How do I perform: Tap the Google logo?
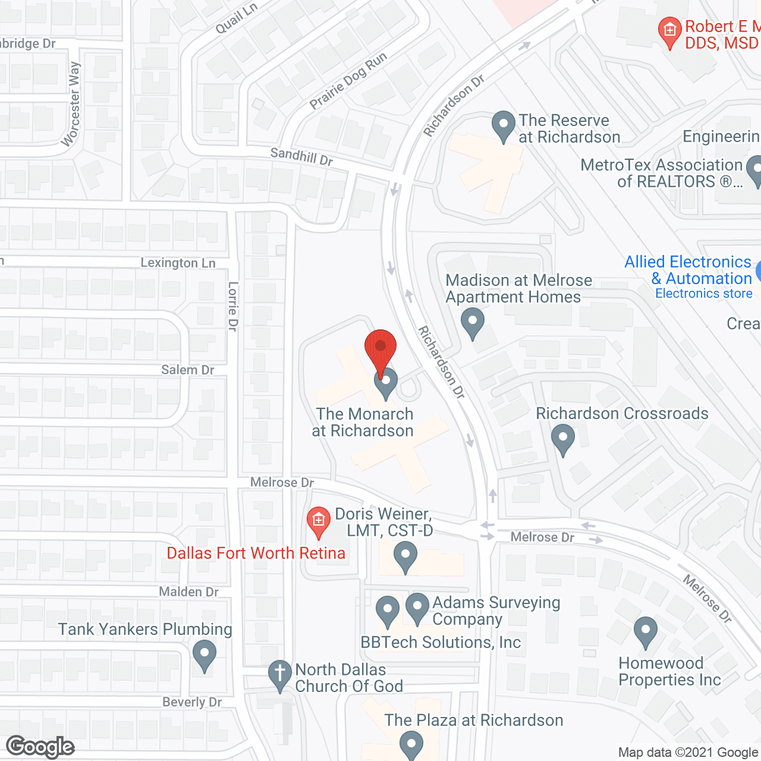pos(40,747)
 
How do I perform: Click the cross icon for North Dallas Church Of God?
pos(279,675)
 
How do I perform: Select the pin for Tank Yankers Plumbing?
pos(205,655)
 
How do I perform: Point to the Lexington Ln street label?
pos(178,263)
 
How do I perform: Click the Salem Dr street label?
pos(188,370)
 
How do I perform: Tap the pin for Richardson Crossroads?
pos(562,440)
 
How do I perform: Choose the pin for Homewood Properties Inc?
pos(645,631)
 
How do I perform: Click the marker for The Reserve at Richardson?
pos(504,126)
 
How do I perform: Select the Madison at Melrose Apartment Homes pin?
pos(473,323)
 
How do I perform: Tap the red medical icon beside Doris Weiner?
pos(319,521)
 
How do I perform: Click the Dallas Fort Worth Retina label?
pos(256,553)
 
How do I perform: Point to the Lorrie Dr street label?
pos(233,306)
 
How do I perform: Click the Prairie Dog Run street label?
pos(348,81)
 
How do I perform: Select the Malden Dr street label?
pos(189,592)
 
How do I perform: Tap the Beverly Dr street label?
pos(192,702)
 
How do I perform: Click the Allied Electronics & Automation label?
pos(688,271)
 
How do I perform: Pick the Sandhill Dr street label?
pos(301,157)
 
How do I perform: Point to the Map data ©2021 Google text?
pos(688,753)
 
